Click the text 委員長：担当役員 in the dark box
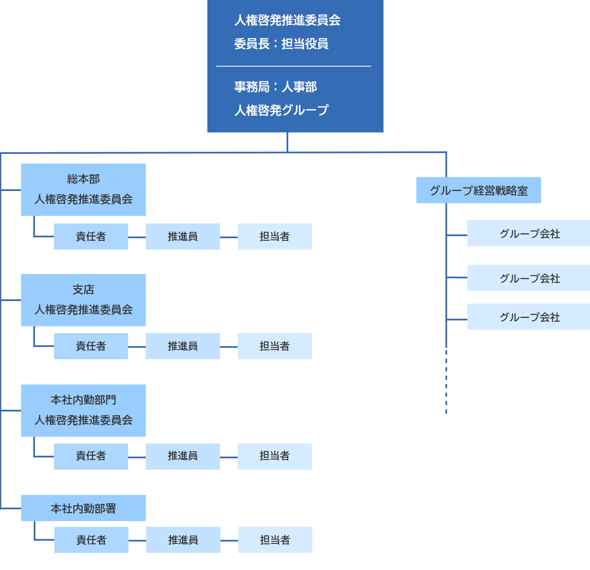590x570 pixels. (x=281, y=44)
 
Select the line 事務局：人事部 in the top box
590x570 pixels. (x=275, y=87)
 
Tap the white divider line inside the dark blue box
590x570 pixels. (x=293, y=66)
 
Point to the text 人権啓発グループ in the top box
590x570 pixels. (x=281, y=110)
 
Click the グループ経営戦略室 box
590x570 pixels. (x=478, y=191)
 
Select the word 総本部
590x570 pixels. (x=83, y=179)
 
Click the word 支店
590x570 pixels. (x=83, y=290)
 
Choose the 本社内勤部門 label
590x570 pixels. (x=83, y=400)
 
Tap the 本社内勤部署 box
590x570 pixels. (x=83, y=508)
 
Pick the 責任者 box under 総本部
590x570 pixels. (x=91, y=237)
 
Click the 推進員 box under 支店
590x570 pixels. (x=183, y=346)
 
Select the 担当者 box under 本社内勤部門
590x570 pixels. (x=275, y=456)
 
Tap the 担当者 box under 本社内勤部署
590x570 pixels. (x=275, y=540)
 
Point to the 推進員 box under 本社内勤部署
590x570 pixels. (x=183, y=540)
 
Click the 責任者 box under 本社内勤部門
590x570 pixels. (x=91, y=456)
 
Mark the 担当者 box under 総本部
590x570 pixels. (x=275, y=237)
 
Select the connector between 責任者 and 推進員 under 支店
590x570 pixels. (x=137, y=347)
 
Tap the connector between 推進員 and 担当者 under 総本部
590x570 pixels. (x=229, y=237)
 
